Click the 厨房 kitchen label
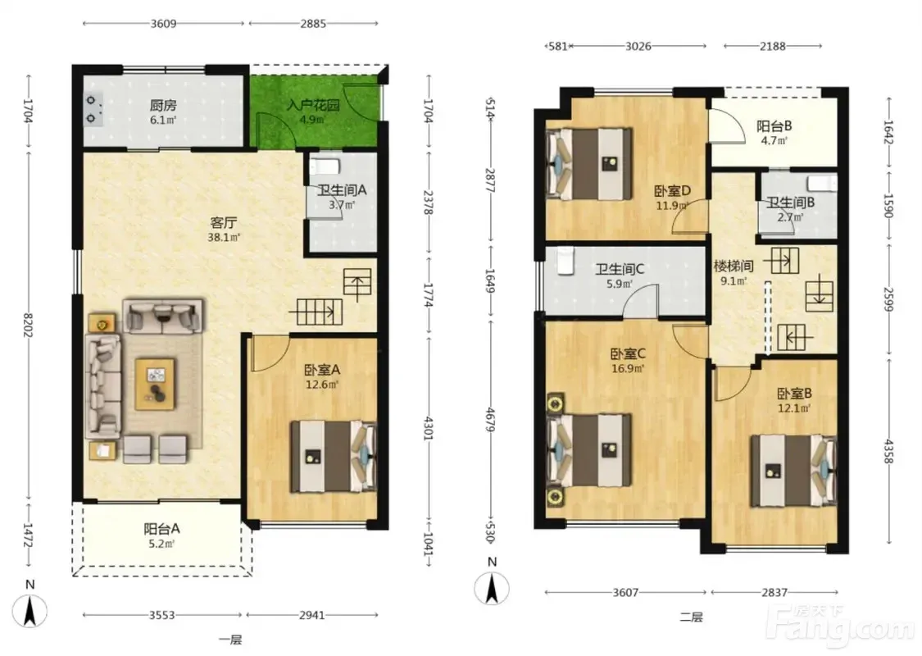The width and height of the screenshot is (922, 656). click(163, 105)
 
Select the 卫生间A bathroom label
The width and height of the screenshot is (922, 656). click(343, 190)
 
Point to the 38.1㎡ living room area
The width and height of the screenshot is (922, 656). click(224, 238)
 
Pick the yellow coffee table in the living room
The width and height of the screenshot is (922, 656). click(155, 384)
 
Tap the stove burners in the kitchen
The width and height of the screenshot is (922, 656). click(93, 109)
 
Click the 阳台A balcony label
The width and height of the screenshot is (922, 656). click(161, 529)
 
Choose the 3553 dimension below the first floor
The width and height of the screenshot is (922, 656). click(161, 615)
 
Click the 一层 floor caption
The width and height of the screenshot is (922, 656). click(230, 640)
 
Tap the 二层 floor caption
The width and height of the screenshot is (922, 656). click(691, 617)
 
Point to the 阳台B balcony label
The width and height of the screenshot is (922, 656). click(774, 126)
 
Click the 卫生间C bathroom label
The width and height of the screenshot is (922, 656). click(620, 270)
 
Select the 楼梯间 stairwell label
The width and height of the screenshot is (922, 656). click(734, 266)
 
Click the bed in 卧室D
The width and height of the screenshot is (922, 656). click(588, 164)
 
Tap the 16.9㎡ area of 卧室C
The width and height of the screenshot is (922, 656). click(628, 369)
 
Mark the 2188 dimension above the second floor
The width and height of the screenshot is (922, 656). click(772, 46)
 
